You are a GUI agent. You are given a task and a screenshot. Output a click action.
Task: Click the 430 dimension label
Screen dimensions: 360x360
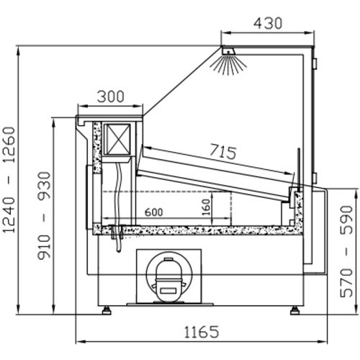[x=268, y=24]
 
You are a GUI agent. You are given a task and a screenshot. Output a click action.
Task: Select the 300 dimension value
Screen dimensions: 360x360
[x=110, y=96]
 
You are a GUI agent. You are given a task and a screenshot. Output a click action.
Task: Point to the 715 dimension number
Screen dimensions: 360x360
[x=223, y=152]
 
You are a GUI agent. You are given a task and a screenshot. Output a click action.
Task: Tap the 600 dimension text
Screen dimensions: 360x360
[x=154, y=212]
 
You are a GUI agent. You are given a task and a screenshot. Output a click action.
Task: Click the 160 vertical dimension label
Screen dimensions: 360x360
[x=207, y=207]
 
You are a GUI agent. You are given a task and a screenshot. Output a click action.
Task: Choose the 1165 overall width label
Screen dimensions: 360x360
[x=202, y=332]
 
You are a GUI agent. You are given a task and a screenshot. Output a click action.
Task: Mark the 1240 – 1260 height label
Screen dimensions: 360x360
[x=9, y=180]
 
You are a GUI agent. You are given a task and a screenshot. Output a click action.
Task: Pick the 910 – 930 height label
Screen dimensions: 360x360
[x=44, y=215]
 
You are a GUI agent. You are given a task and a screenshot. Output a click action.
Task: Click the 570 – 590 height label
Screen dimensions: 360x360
[x=346, y=251]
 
